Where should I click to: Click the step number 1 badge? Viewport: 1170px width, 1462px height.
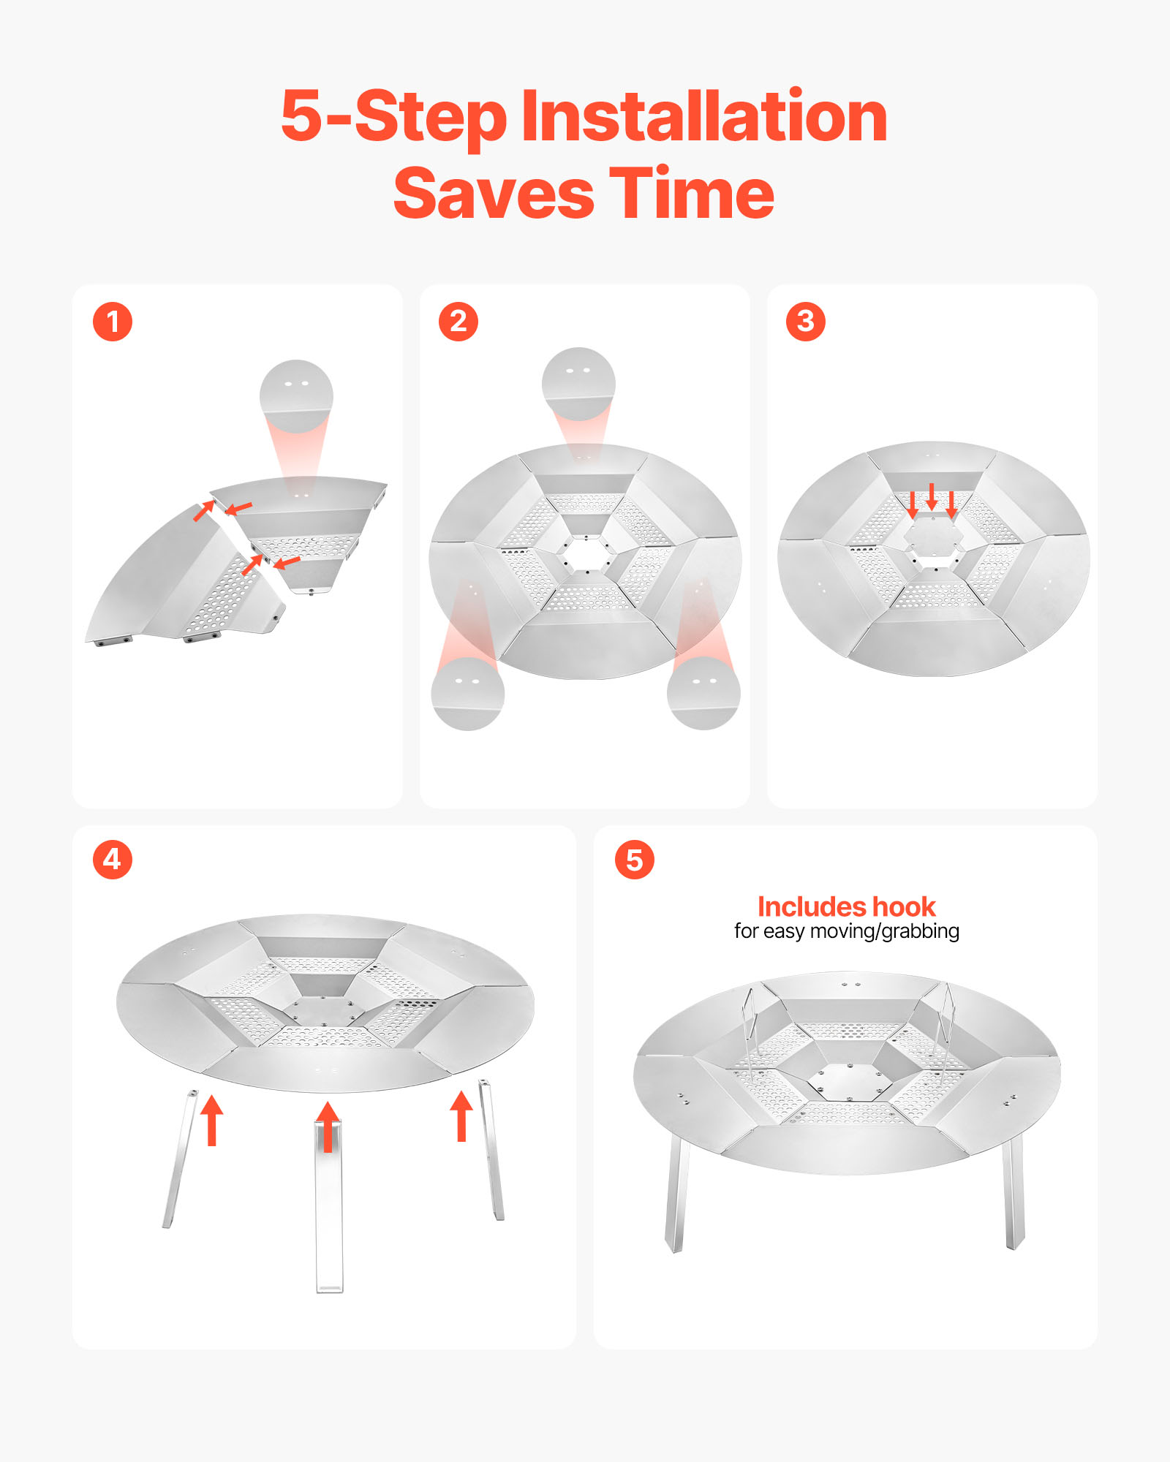coord(113,322)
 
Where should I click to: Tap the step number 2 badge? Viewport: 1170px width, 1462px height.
coord(458,322)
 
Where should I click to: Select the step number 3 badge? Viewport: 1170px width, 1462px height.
coord(806,322)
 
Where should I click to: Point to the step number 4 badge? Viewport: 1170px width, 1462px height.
coord(113,859)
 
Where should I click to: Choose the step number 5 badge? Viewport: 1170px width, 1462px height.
coord(635,860)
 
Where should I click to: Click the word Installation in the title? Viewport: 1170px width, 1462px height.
coord(704,117)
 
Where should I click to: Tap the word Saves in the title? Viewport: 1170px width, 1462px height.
coord(494,194)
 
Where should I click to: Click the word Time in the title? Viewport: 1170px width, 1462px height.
coord(692,194)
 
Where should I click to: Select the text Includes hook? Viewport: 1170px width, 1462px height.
coord(847,907)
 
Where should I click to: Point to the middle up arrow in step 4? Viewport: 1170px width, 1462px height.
coord(328,1126)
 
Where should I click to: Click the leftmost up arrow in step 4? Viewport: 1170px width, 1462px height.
coord(211,1120)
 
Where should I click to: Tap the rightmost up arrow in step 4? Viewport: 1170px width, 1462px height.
coord(461,1116)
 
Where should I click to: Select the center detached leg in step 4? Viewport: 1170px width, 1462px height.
coord(328,1206)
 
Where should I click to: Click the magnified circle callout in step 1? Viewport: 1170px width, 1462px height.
coord(296,396)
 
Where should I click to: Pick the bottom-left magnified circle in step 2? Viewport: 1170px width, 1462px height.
coord(468,694)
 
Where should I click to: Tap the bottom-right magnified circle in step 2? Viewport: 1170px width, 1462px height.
coord(703,693)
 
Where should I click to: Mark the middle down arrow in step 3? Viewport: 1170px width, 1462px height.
coord(932,497)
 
